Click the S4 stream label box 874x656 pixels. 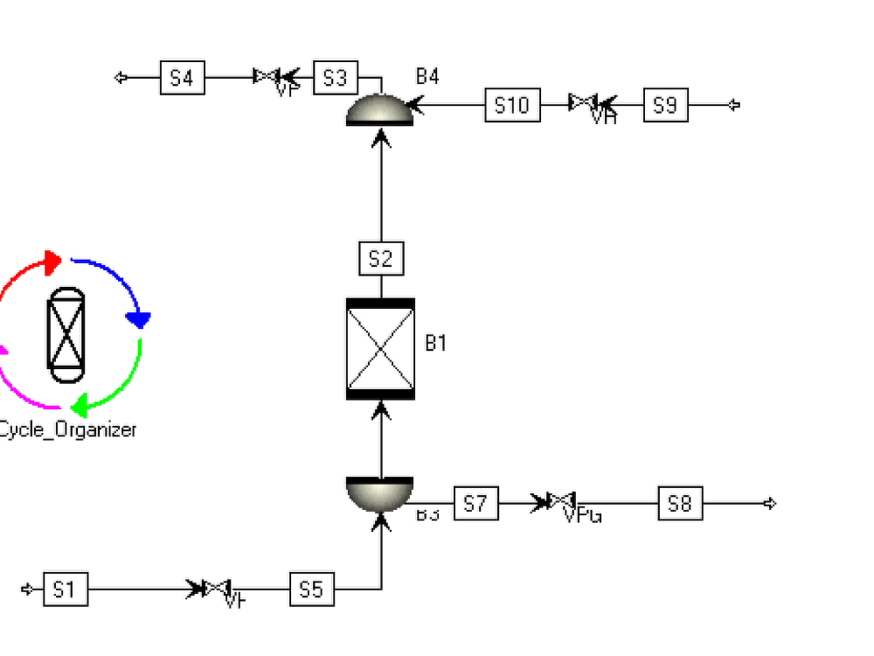(182, 78)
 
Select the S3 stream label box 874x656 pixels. (335, 78)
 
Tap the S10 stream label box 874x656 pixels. (512, 105)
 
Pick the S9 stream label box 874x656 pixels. (665, 105)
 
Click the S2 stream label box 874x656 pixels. (381, 259)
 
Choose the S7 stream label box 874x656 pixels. (475, 504)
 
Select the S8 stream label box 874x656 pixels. (679, 504)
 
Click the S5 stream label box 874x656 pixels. (312, 590)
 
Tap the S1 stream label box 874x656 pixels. (65, 590)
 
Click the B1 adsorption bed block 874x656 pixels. (380, 348)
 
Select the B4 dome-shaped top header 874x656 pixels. (380, 110)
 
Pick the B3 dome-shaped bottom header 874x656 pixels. (379, 493)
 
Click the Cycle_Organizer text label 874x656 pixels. (67, 429)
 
